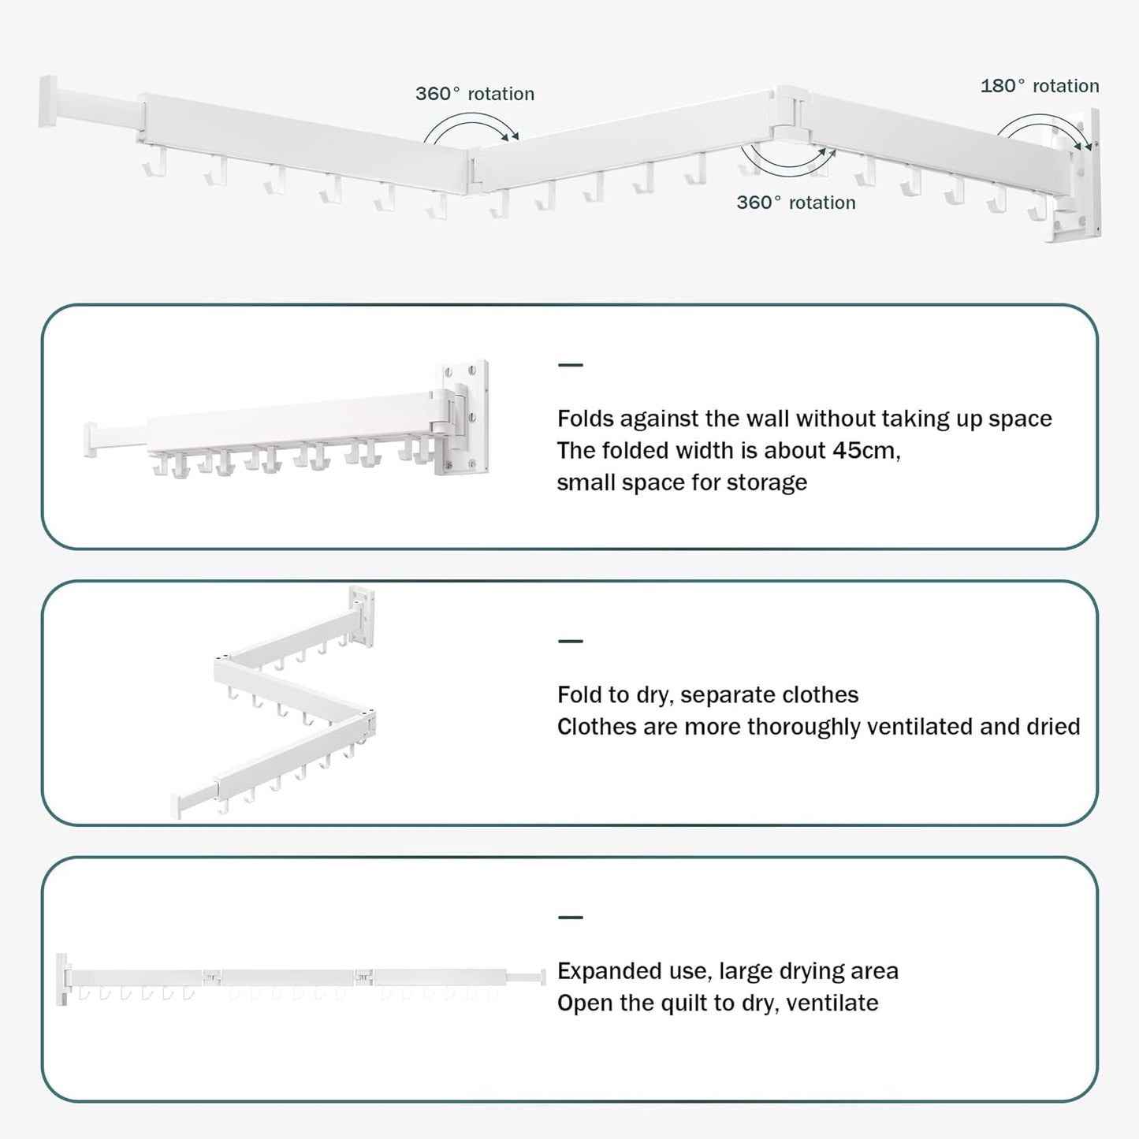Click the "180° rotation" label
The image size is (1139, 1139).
click(1039, 86)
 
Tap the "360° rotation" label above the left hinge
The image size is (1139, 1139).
click(475, 94)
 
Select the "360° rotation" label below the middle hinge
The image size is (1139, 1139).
click(795, 203)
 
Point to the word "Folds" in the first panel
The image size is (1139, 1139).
click(585, 419)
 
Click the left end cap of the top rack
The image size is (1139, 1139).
click(48, 100)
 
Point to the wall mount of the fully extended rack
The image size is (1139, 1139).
click(62, 978)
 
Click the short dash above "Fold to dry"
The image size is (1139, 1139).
click(570, 641)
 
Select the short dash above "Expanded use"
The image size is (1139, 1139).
click(570, 917)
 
